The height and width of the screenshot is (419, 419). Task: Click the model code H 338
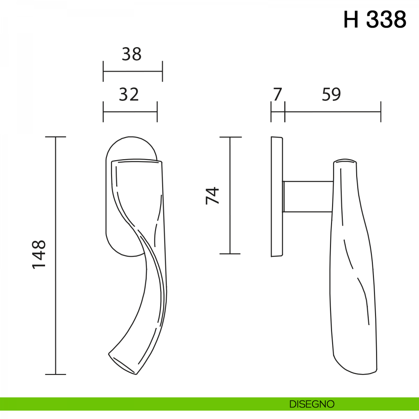coord(375,20)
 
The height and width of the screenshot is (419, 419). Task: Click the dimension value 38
coord(132,54)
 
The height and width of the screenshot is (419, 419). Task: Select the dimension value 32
coord(129,95)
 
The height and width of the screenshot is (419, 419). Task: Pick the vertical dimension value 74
coord(212,196)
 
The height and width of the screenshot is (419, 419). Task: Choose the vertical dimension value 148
coord(39,255)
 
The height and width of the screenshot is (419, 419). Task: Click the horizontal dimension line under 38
coord(133,71)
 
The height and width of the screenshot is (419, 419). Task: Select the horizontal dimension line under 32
coord(130,112)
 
